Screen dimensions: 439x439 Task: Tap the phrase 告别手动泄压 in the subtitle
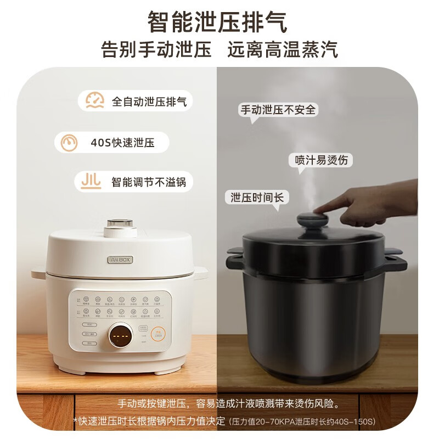tap(156, 50)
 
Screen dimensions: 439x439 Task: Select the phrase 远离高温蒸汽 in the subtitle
tap(283, 50)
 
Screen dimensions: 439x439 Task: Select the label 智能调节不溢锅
tap(148, 182)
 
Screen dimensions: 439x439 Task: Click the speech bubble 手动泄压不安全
tap(278, 109)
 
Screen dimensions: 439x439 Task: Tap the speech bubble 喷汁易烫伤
tap(320, 160)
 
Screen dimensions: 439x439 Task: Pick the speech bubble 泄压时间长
tap(257, 197)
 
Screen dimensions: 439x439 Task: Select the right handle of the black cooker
tap(395, 260)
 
